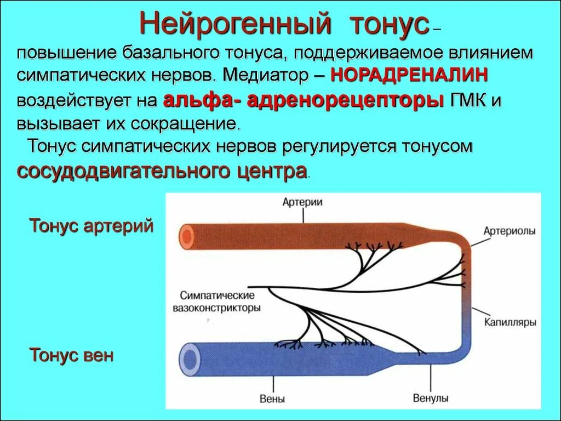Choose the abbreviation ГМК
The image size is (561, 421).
[468, 100]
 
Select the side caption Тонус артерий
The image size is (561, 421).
[91, 226]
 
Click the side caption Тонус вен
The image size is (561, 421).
[72, 355]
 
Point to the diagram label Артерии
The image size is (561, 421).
[302, 202]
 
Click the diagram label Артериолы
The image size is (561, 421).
[510, 231]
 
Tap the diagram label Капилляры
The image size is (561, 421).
[510, 322]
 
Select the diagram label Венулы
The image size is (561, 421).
[430, 399]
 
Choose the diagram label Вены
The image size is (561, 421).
[273, 399]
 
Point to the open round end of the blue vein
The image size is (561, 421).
[190, 359]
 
